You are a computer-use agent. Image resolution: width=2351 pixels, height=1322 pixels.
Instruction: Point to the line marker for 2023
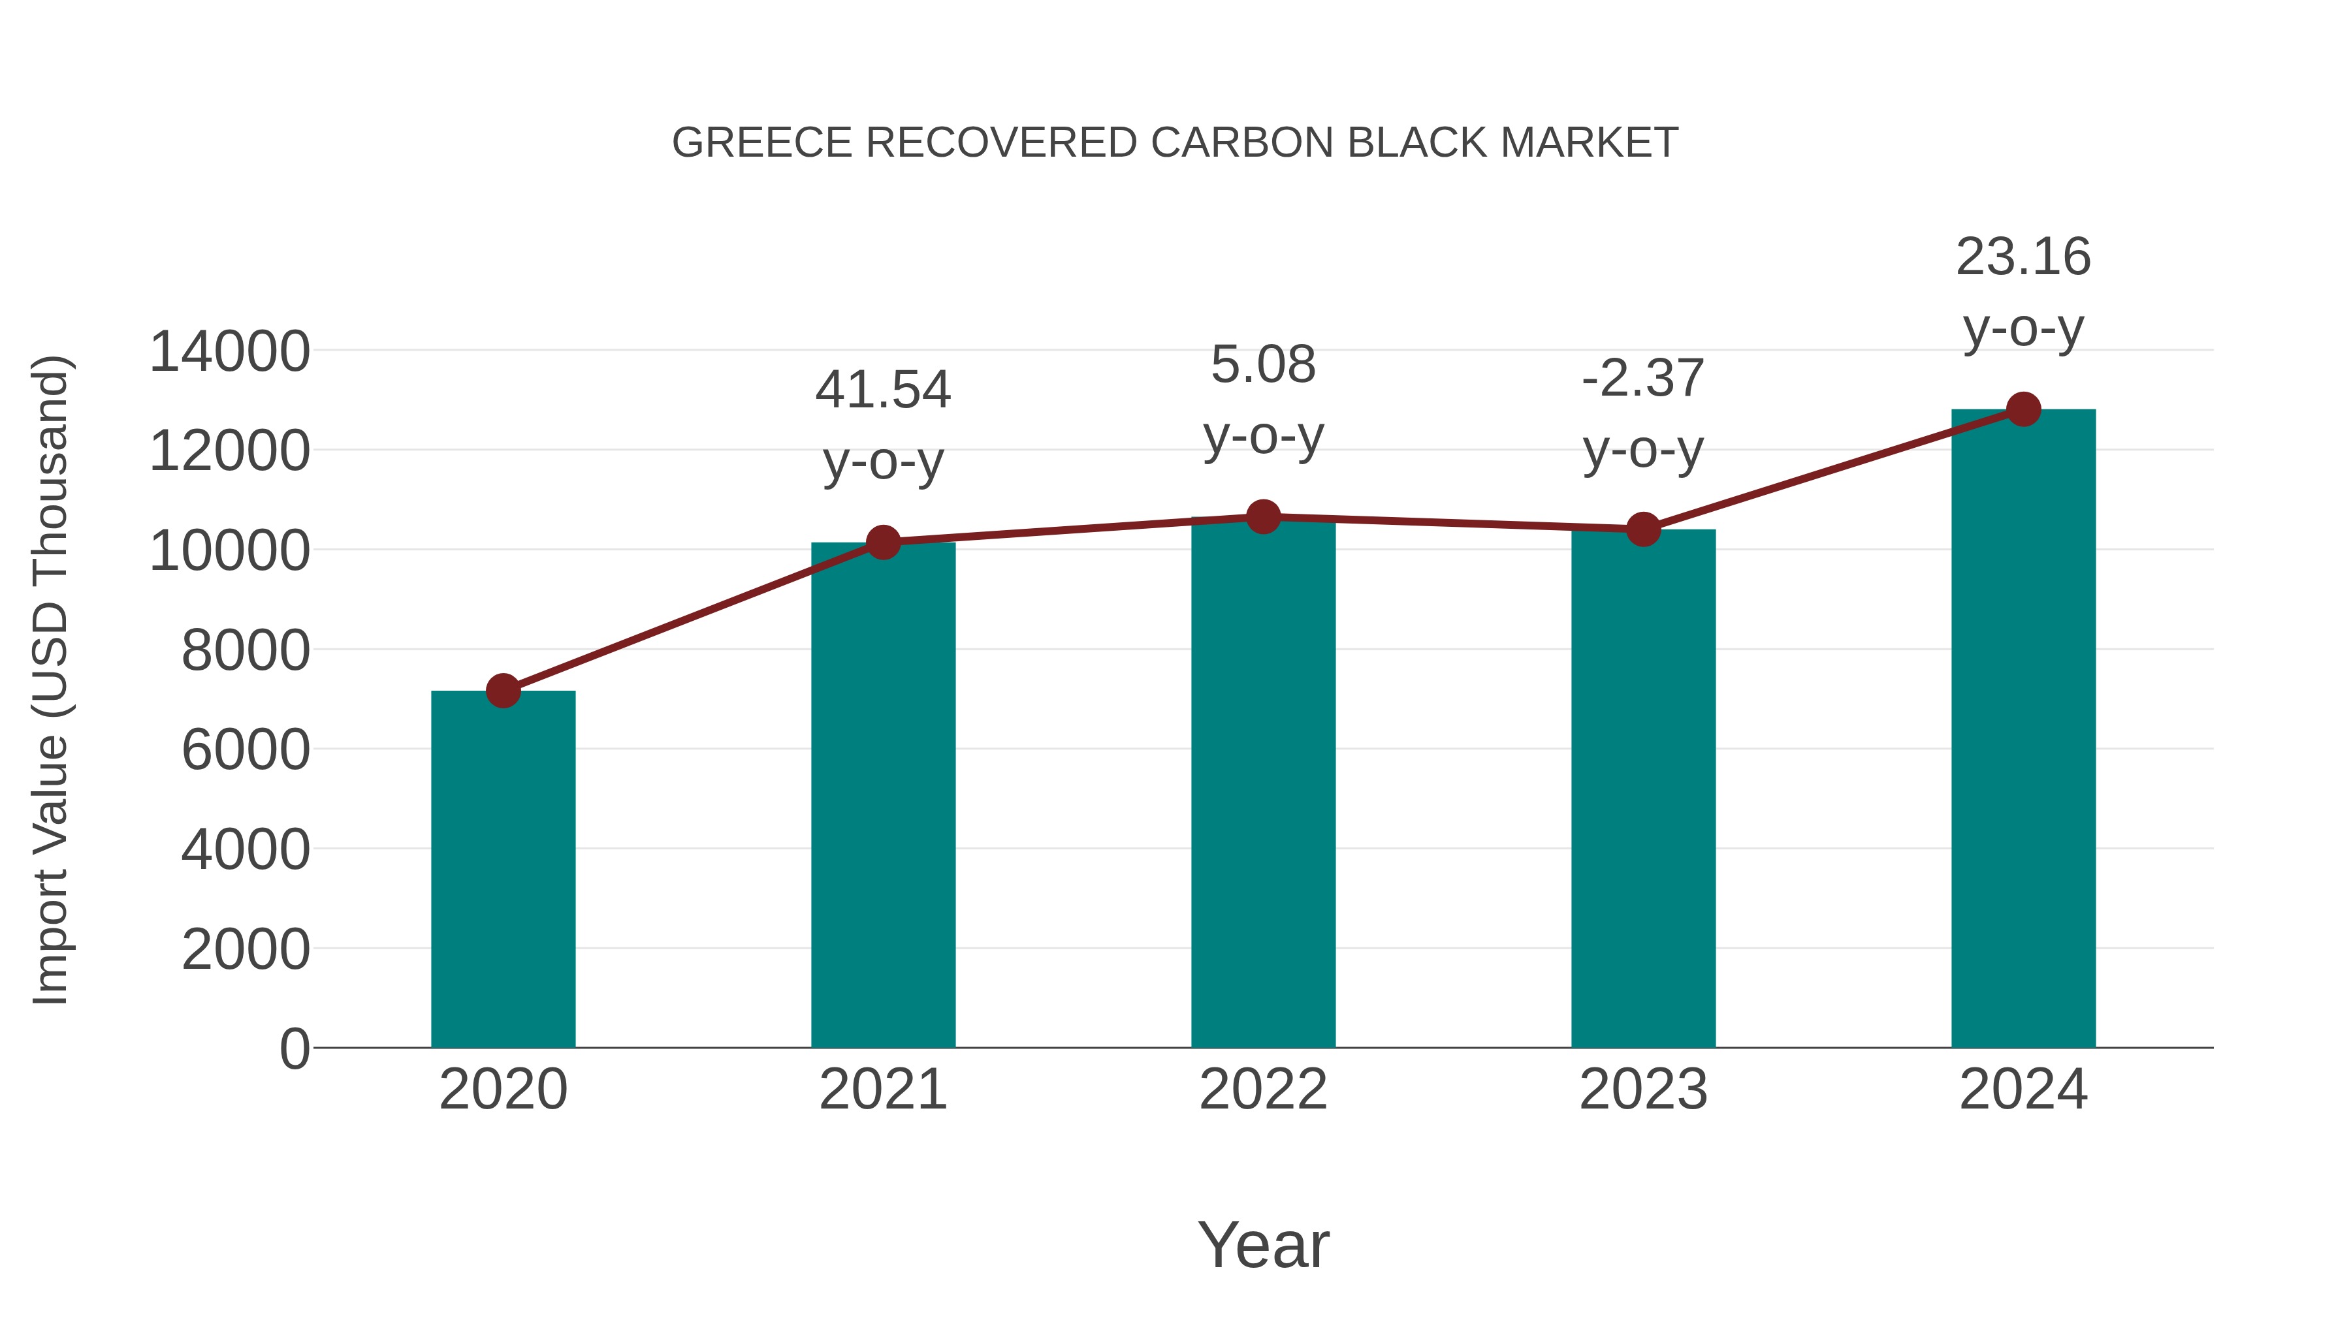[1643, 529]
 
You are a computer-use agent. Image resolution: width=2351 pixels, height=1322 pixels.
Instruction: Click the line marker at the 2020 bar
[503, 691]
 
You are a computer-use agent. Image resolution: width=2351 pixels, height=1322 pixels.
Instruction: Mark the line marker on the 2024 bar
[2023, 409]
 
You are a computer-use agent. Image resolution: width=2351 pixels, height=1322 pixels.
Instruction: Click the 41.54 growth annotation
[882, 390]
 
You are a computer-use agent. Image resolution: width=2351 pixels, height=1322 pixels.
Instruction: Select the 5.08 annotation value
[1263, 365]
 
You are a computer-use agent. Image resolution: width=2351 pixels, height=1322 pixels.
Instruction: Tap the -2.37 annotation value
[1643, 378]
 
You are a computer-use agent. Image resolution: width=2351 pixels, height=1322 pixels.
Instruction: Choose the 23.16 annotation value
[2023, 257]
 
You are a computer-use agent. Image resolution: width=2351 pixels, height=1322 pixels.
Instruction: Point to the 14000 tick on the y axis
[229, 351]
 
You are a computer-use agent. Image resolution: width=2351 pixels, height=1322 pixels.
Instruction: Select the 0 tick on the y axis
[295, 1048]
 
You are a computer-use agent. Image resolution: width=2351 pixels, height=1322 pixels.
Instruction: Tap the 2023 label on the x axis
[1643, 1090]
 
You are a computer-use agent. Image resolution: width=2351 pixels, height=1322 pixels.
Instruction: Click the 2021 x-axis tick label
[882, 1090]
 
